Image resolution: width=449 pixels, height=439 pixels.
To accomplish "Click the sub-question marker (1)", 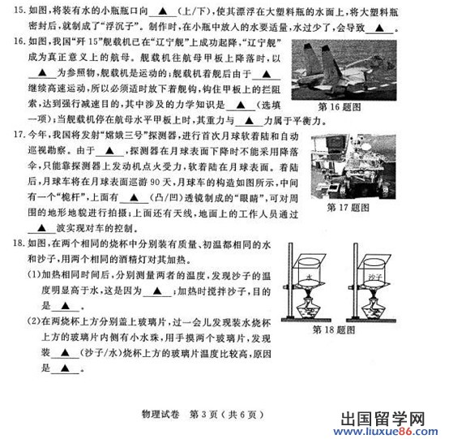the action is [24, 275].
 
